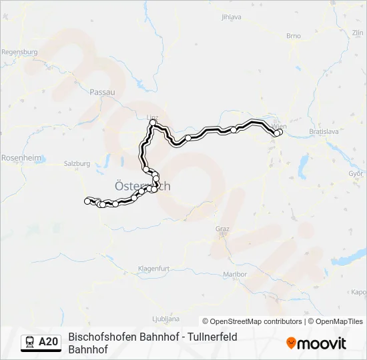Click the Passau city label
click(x=103, y=92)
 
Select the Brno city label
click(x=294, y=36)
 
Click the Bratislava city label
click(x=325, y=132)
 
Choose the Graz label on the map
click(x=222, y=229)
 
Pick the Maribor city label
click(x=235, y=274)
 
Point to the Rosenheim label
click(x=21, y=158)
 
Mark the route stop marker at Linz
click(x=153, y=124)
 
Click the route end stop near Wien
click(x=278, y=133)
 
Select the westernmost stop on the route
click(x=87, y=200)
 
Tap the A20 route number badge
click(x=49, y=342)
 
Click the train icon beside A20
click(x=29, y=342)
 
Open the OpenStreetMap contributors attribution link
click(x=252, y=321)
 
